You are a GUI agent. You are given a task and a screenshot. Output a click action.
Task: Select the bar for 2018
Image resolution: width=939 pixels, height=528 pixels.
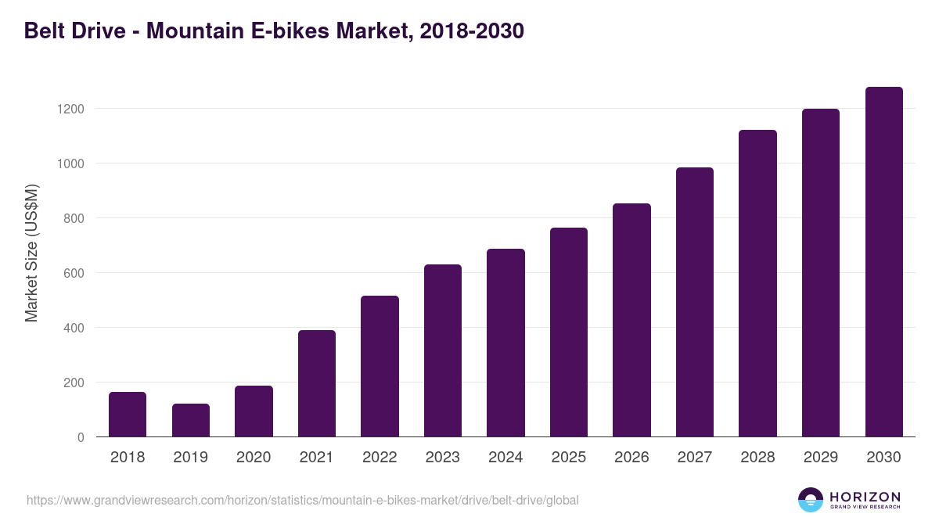click(128, 415)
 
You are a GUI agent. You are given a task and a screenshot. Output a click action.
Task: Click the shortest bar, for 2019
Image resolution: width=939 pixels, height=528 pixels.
click(191, 421)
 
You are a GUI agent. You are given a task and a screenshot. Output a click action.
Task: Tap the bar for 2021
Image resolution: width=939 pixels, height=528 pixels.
click(317, 383)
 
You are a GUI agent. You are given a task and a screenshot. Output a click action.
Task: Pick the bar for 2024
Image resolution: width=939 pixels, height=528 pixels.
click(505, 343)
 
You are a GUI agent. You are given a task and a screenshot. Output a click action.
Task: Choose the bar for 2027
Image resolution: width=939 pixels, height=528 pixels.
click(695, 302)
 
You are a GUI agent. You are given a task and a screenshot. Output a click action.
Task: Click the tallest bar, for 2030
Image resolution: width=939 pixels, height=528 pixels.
click(883, 262)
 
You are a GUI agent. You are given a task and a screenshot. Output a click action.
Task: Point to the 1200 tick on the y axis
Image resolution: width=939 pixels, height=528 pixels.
click(70, 109)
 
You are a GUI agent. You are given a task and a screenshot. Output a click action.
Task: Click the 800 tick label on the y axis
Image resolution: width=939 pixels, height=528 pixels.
click(74, 218)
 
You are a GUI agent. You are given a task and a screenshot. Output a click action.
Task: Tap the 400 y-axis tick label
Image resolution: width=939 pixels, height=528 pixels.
click(74, 328)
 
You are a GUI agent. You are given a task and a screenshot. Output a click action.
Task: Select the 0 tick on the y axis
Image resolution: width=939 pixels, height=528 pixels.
click(81, 437)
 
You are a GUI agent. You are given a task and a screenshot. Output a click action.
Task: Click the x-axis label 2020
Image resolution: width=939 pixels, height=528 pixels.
click(254, 458)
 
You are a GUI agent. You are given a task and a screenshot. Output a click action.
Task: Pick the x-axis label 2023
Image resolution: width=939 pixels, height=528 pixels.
click(443, 458)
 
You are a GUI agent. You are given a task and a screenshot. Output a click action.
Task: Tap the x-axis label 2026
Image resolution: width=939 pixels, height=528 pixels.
click(631, 458)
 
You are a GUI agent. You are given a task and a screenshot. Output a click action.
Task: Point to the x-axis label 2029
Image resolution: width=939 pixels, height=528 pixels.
click(821, 458)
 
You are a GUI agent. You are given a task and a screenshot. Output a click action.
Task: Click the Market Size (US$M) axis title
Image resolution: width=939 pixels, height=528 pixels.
click(31, 253)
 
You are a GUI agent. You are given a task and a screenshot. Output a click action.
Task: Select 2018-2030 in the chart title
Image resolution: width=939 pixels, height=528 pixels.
click(471, 31)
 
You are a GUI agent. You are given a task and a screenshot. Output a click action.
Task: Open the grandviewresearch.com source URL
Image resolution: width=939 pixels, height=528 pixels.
click(302, 500)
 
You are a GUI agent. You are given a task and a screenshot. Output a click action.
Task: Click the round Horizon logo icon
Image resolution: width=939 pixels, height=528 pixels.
click(811, 500)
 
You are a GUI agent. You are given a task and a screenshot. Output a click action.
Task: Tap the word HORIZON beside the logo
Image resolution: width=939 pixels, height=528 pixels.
click(865, 496)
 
